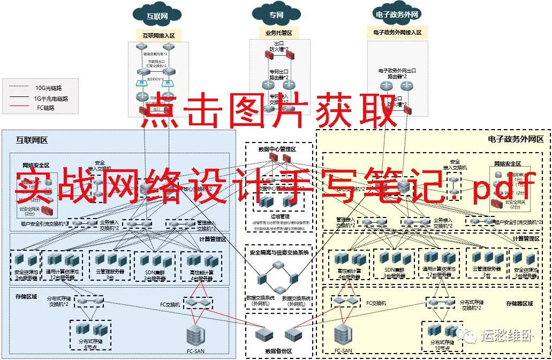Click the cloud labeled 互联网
tap(157, 16)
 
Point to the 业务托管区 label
tap(279, 33)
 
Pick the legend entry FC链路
tap(46, 108)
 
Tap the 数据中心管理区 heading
tap(277, 149)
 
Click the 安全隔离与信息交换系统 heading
tap(279, 252)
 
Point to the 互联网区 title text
tap(32, 140)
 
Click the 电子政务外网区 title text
tap(516, 139)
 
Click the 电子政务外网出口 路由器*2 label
tap(397, 73)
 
